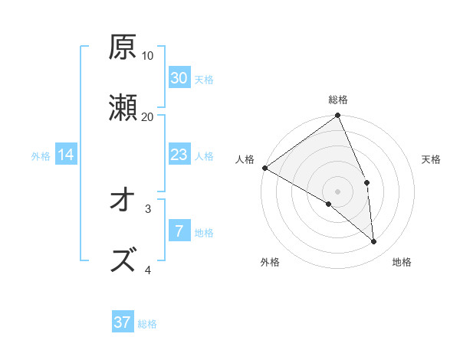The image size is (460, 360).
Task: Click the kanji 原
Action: click(x=123, y=47)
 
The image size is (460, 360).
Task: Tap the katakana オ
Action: click(x=123, y=200)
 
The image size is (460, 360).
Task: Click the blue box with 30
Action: click(x=179, y=78)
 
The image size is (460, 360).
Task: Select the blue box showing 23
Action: click(x=179, y=155)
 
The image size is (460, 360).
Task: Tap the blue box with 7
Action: click(x=179, y=231)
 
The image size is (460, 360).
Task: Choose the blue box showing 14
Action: click(x=66, y=155)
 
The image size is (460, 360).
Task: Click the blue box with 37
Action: click(x=123, y=322)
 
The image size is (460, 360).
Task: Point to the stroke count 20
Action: click(x=148, y=116)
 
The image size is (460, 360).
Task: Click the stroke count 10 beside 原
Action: click(x=148, y=56)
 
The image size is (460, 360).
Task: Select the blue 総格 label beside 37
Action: click(x=147, y=324)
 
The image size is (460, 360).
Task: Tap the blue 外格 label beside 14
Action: click(x=41, y=156)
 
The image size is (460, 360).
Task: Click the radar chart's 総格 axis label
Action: click(x=338, y=100)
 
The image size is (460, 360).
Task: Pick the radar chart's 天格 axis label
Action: click(x=432, y=159)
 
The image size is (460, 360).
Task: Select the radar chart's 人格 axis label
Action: click(x=245, y=159)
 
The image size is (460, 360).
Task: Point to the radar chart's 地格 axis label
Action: click(x=402, y=262)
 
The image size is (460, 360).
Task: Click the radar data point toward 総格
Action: click(x=338, y=116)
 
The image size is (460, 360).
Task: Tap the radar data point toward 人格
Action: click(x=264, y=168)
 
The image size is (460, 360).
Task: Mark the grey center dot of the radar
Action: click(x=338, y=191)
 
